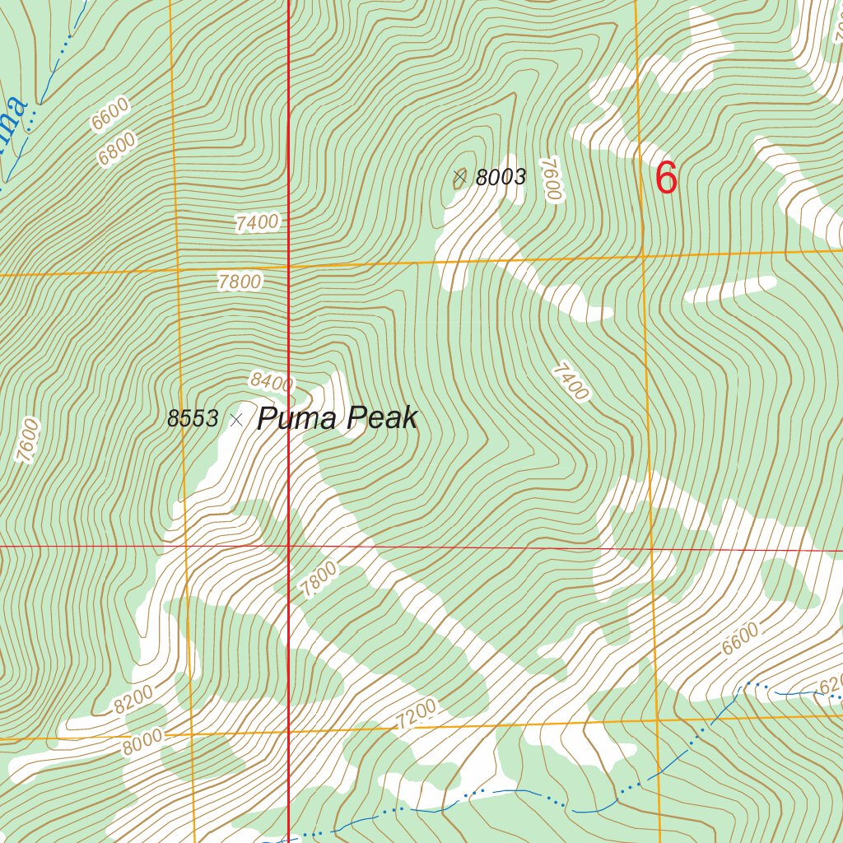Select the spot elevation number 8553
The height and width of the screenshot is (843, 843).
[x=193, y=419]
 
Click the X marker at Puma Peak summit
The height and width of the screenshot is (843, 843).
[x=236, y=420]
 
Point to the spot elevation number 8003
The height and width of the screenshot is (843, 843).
[x=501, y=178]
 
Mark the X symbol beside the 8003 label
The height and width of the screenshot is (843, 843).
[x=459, y=176]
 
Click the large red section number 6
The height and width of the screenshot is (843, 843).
[x=666, y=178]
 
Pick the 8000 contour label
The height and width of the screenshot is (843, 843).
[x=142, y=743]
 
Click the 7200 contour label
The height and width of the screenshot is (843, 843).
[x=416, y=714]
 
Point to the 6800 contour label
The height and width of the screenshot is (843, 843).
[x=116, y=149]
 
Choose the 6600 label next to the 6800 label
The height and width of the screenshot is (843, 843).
[x=110, y=114]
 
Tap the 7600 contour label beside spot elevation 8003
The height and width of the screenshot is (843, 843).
[x=551, y=179]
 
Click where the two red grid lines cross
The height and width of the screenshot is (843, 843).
[x=288, y=545]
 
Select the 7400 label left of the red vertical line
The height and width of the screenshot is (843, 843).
[x=256, y=222]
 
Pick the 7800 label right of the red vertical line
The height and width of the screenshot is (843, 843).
[x=319, y=579]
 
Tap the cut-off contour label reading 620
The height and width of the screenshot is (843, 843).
[x=830, y=684]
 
